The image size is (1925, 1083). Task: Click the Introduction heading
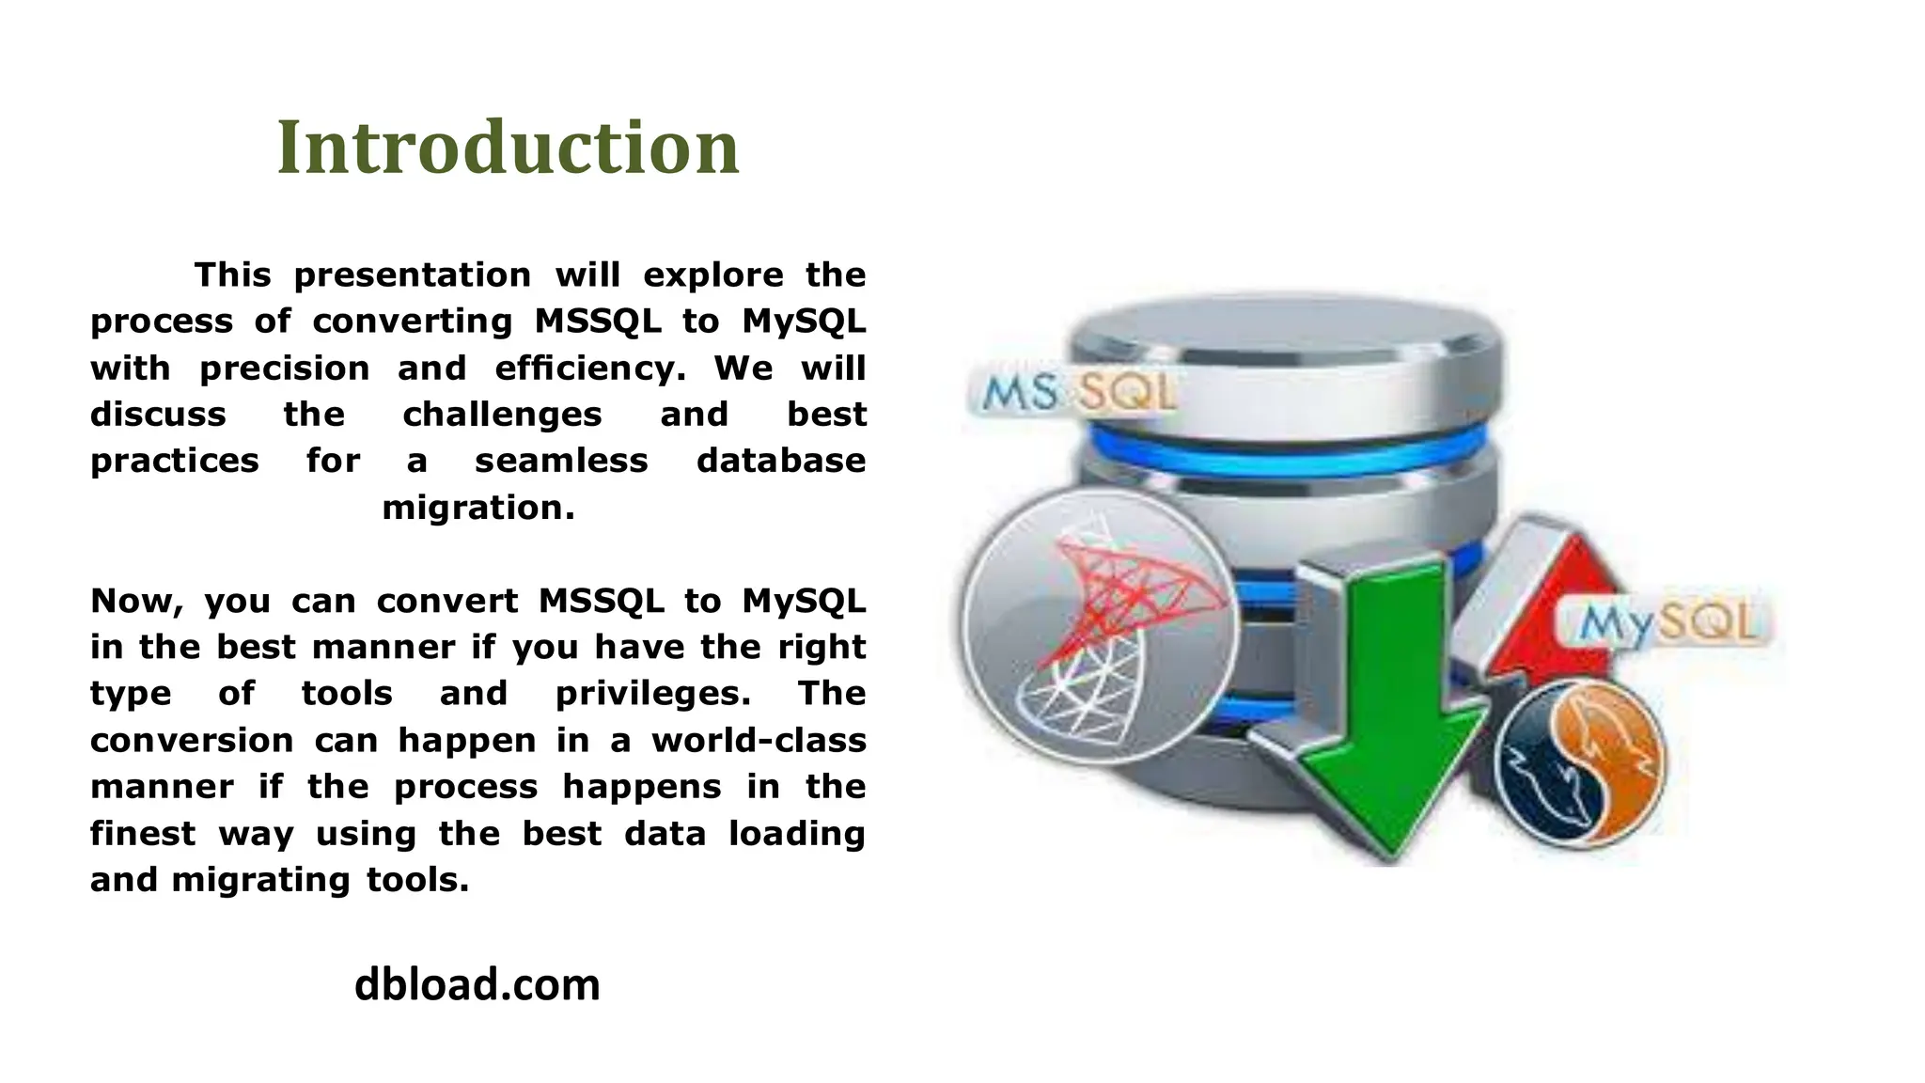point(508,148)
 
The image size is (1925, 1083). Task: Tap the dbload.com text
point(477,985)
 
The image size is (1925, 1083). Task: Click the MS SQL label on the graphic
point(1072,393)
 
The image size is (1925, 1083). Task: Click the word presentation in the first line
point(412,275)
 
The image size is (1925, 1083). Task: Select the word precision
point(285,368)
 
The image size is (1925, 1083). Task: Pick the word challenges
point(502,415)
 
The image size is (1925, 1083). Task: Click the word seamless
point(561,461)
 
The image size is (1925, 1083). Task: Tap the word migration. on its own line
point(477,508)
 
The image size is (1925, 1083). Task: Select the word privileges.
point(653,694)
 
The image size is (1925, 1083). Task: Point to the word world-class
point(759,741)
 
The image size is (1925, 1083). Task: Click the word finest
point(142,833)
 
